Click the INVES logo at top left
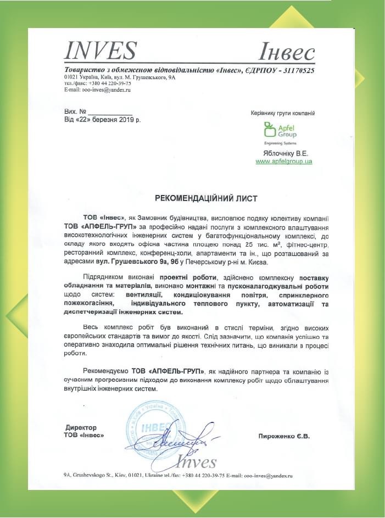click(100, 51)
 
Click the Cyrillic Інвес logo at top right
click(286, 53)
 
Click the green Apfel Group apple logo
click(269, 130)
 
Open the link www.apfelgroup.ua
click(284, 161)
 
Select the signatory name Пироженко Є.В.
click(284, 436)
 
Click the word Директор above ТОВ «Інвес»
click(81, 427)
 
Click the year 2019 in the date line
click(127, 119)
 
